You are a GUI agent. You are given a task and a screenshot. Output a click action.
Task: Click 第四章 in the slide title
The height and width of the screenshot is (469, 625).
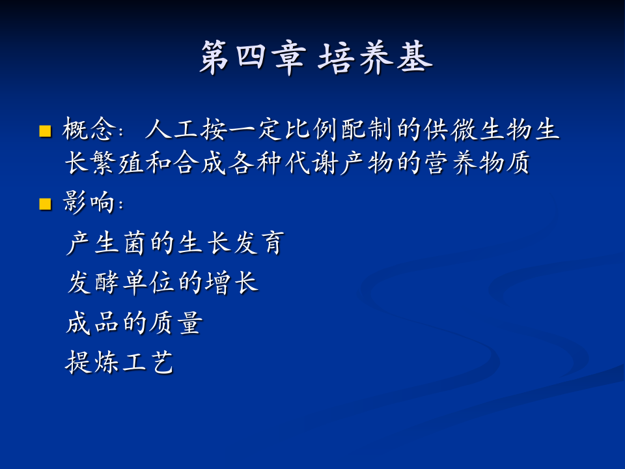tap(251, 59)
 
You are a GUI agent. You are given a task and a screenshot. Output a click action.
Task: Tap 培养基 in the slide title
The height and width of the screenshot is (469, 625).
tap(376, 59)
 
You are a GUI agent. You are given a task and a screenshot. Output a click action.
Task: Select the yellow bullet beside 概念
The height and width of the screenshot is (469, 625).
tap(45, 132)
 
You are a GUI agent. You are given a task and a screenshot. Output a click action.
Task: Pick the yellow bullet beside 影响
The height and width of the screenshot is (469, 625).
tap(45, 205)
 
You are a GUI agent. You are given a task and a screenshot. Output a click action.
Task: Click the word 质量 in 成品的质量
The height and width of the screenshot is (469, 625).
tap(174, 323)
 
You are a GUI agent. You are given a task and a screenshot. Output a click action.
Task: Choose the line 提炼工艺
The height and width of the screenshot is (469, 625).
tap(120, 362)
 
